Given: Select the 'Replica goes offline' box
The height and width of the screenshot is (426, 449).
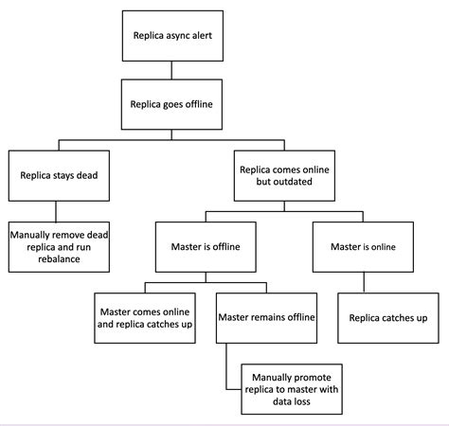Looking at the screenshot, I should (x=172, y=105).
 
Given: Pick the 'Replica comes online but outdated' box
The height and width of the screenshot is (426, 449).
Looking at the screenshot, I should (x=284, y=175).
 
